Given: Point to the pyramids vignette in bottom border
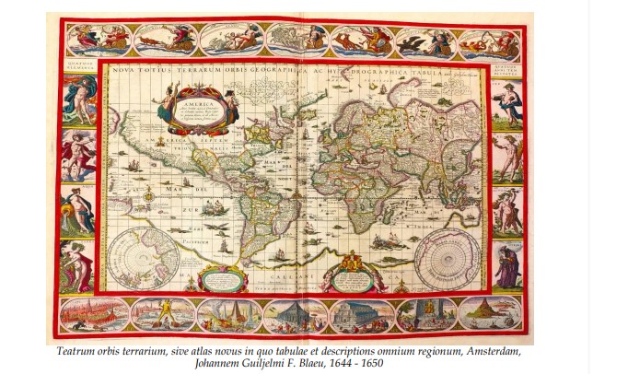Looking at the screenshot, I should pos(230,315).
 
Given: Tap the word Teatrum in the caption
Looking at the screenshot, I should pos(76,351).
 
